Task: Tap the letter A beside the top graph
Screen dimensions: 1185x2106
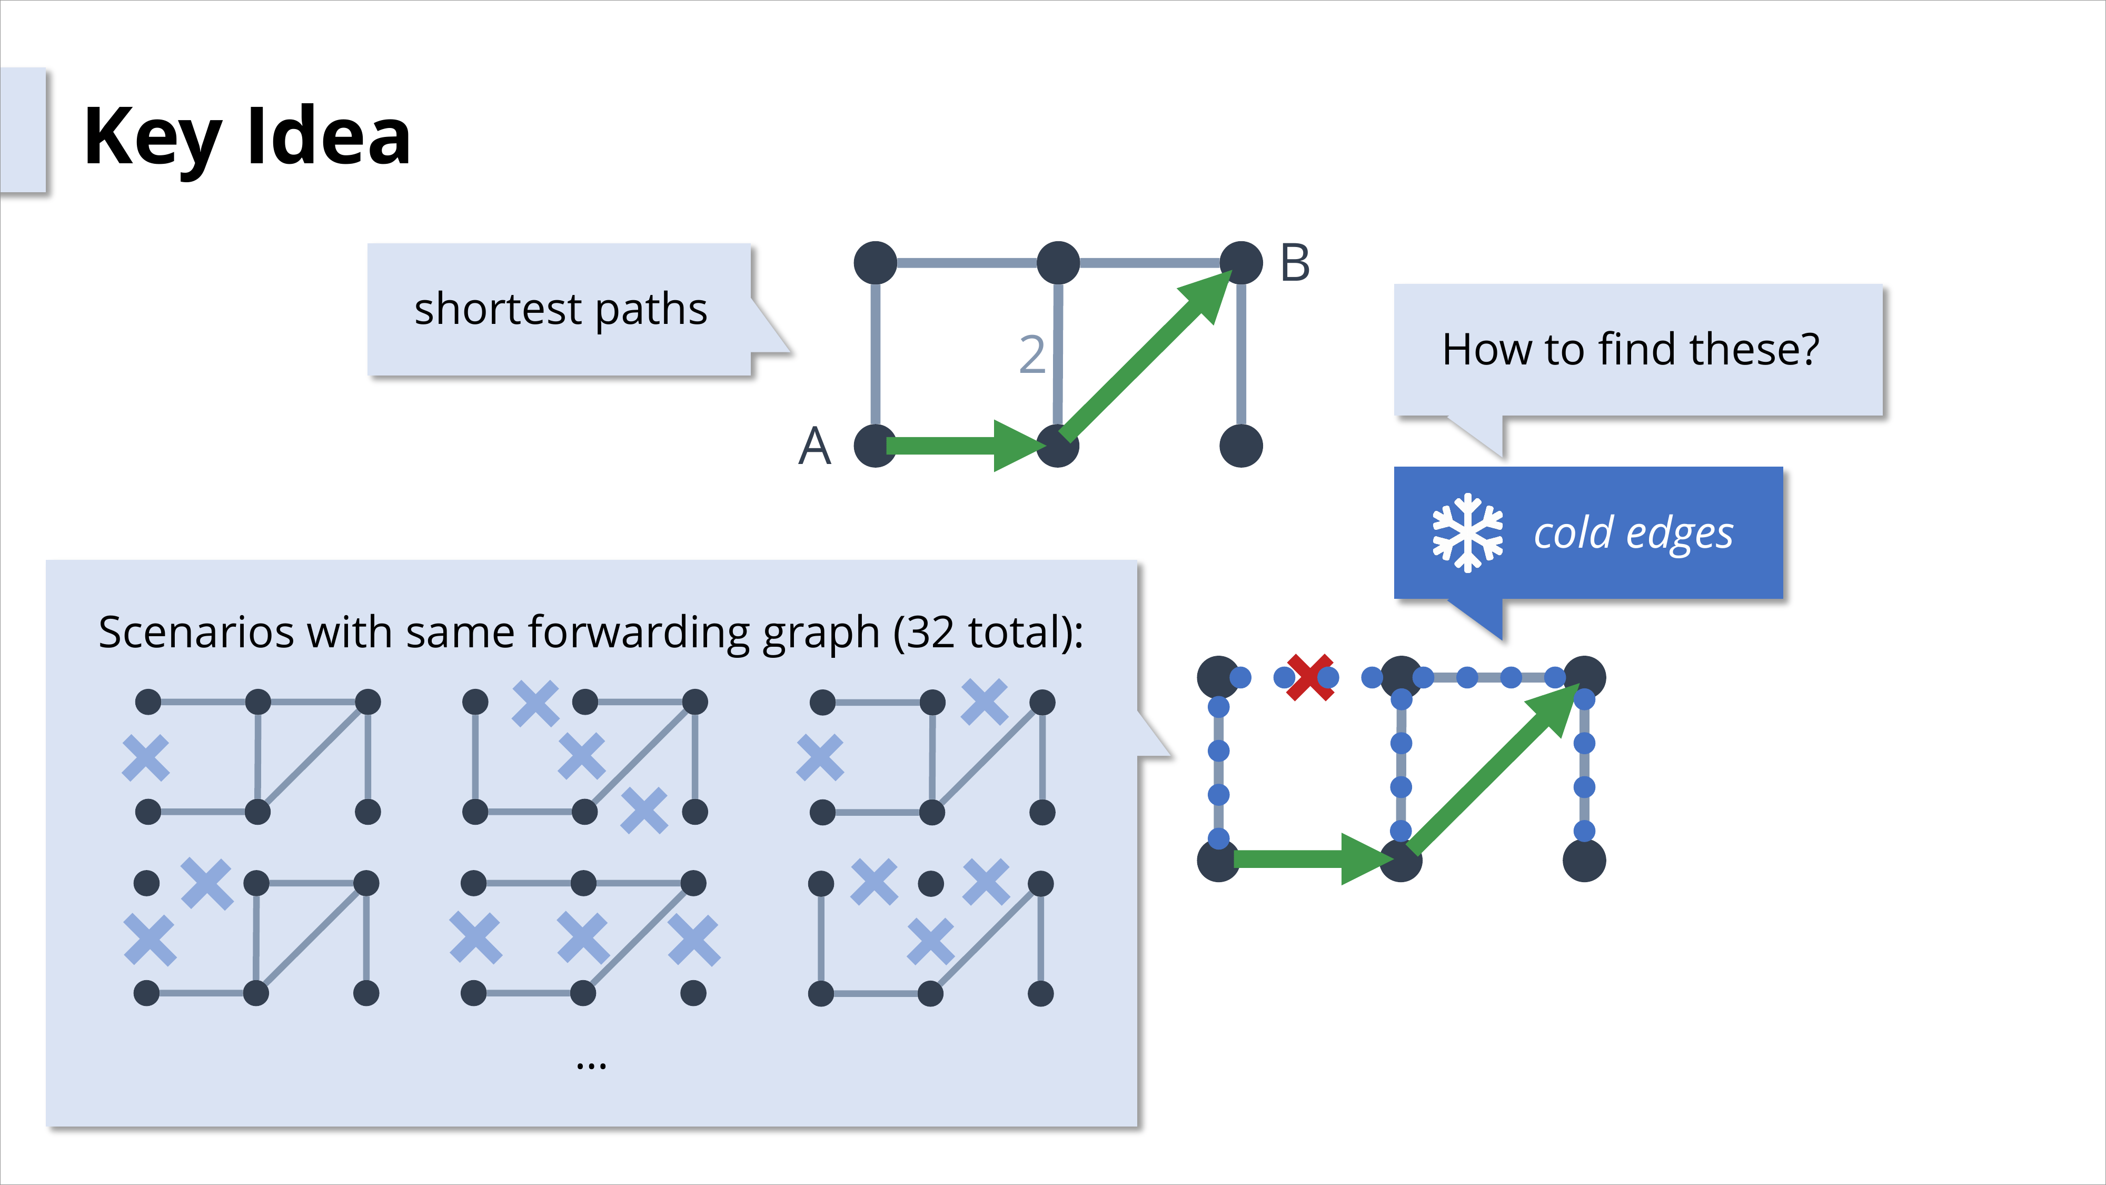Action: click(814, 447)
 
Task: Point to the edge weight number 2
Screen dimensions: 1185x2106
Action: click(1032, 355)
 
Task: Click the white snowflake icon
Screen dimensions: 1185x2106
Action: click(1467, 532)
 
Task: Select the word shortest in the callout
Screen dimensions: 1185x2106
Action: click(498, 309)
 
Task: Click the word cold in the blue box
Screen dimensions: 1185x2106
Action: click(1573, 532)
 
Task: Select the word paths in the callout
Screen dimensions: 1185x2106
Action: click(651, 309)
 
